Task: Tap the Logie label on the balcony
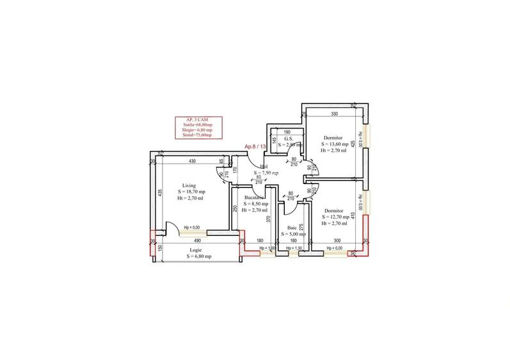[x=196, y=250]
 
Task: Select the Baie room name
[x=292, y=228]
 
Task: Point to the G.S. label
[x=289, y=138]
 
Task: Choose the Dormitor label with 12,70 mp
[x=334, y=211]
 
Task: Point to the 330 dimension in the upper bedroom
[x=334, y=114]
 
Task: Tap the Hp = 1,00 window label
[x=267, y=248]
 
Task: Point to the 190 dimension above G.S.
[x=287, y=132]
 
